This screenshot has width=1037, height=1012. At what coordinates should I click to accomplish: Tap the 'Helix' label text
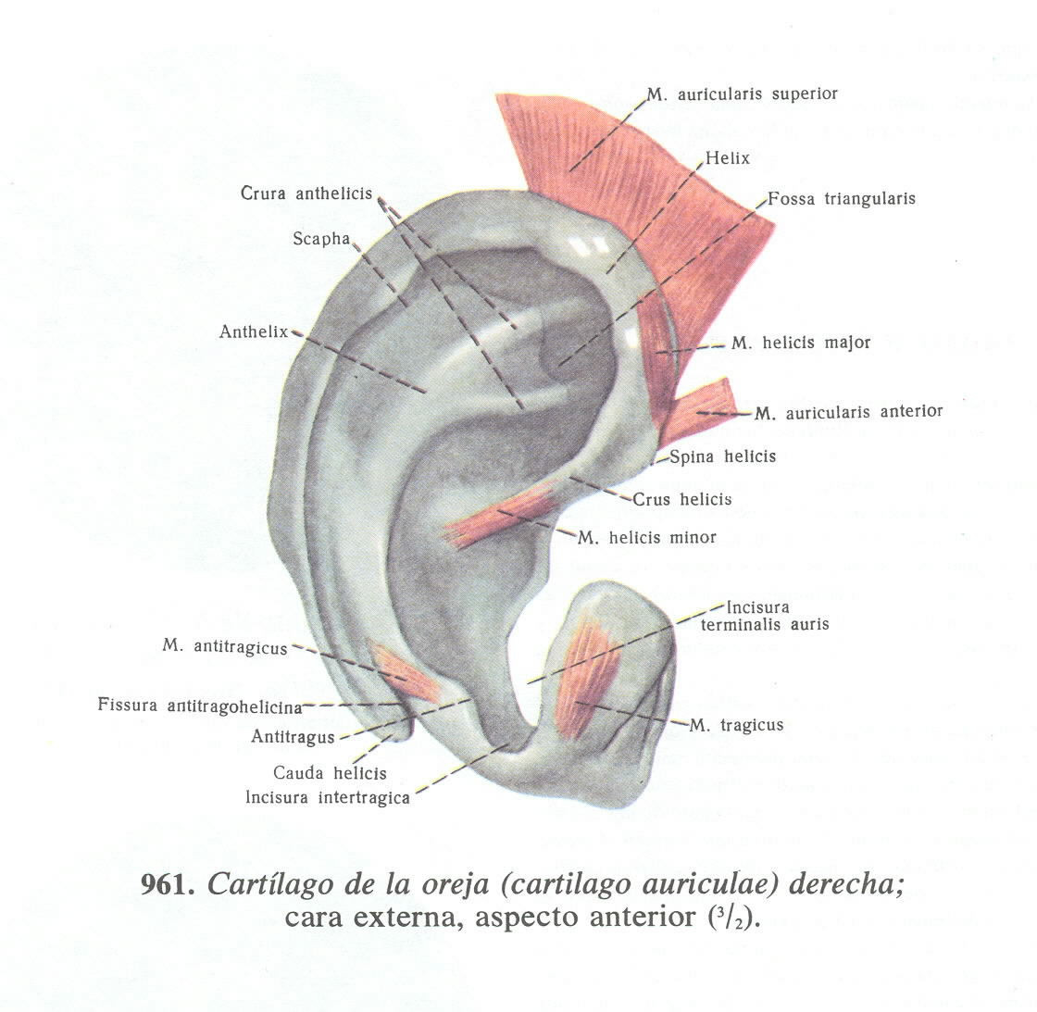[727, 158]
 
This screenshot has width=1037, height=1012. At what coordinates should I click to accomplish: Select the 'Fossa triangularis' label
[842, 199]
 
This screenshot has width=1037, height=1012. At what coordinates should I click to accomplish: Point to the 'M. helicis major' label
[801, 343]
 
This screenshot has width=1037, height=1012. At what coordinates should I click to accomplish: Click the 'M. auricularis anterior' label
[849, 412]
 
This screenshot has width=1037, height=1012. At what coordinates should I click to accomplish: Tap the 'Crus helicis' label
[682, 500]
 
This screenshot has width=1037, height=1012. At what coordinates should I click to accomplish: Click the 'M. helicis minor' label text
[647, 537]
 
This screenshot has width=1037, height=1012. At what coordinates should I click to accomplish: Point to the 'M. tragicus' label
[737, 725]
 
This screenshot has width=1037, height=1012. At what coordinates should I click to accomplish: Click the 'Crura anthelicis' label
[306, 194]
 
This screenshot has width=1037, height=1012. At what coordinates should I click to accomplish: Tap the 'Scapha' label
[321, 239]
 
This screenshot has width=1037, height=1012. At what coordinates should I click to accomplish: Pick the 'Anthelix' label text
[254, 331]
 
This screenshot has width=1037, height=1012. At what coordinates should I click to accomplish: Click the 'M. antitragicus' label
[225, 647]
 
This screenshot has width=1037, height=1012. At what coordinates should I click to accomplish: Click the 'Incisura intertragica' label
[327, 797]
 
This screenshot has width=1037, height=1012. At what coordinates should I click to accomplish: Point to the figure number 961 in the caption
[167, 884]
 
